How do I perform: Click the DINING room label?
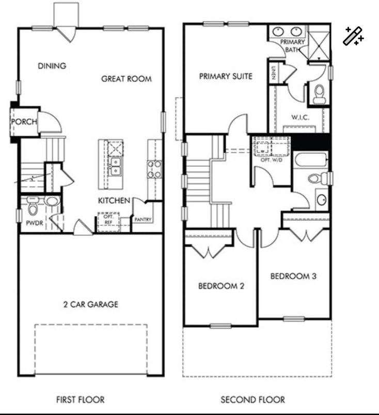[x=52, y=66]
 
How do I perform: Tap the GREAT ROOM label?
[x=127, y=79]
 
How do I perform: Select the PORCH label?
[x=24, y=122]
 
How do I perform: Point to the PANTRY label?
[x=143, y=219]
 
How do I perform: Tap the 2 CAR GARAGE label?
[x=87, y=304]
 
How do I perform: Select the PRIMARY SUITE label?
[x=226, y=76]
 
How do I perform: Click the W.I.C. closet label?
[x=300, y=117]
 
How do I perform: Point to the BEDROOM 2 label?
[x=221, y=285]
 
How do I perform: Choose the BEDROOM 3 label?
[x=293, y=276]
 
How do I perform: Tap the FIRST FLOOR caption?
[x=80, y=400]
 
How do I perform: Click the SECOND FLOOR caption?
[x=252, y=400]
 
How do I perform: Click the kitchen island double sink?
[x=116, y=167]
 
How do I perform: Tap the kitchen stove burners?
[x=154, y=169]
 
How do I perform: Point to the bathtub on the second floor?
[x=311, y=161]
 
